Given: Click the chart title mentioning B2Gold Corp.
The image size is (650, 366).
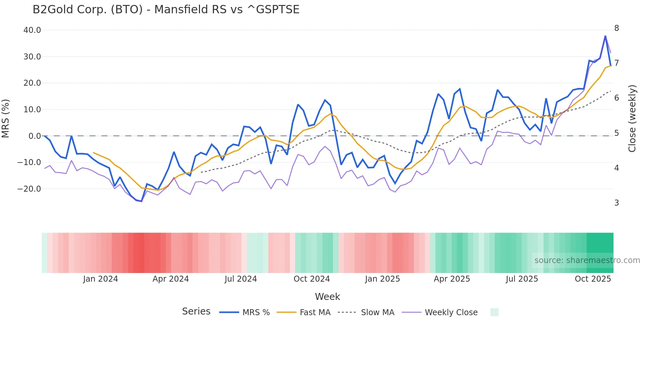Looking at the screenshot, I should [x=166, y=10].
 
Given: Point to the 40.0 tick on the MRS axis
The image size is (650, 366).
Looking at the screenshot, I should [x=32, y=30].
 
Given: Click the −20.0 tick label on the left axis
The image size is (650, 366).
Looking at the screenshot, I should [x=29, y=189].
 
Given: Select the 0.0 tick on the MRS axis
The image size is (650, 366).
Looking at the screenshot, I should [x=34, y=136].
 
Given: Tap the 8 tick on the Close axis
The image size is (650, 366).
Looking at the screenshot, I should [x=617, y=28].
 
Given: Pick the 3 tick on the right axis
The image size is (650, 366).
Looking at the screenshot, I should [x=617, y=203].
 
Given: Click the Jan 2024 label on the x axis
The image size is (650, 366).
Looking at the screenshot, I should [x=100, y=279].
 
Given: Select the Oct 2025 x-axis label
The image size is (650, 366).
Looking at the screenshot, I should [x=593, y=279].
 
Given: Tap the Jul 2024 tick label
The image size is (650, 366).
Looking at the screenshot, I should [x=241, y=279].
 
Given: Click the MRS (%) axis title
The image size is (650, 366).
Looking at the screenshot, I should [x=6, y=119].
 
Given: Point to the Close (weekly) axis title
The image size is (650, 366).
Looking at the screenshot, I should [x=632, y=119].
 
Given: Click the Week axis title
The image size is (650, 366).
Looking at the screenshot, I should [x=327, y=297].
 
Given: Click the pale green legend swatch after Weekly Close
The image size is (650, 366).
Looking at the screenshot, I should [x=494, y=313].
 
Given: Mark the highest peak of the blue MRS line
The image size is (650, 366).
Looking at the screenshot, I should [x=605, y=36].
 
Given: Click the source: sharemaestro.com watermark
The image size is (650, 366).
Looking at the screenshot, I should [x=587, y=260].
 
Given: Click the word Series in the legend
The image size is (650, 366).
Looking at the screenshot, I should [x=196, y=312].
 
